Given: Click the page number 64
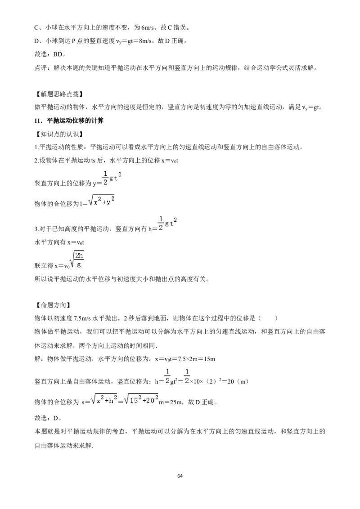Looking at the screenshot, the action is coord(180,476).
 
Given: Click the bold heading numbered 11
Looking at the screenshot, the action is coord(69,121).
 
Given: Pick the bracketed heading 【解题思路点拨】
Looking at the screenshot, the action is coord(58,94).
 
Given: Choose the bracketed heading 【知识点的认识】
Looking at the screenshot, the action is coord(58,134).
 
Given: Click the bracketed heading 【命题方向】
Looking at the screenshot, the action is coord(52,305).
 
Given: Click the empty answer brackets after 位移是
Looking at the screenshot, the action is coord(268,318).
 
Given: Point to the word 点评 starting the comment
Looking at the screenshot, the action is coord(41,68).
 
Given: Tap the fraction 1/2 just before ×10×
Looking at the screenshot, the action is coord(187,376).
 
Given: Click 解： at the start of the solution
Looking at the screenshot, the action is coord(40,359).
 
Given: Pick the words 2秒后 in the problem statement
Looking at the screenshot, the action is coord(133,318).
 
